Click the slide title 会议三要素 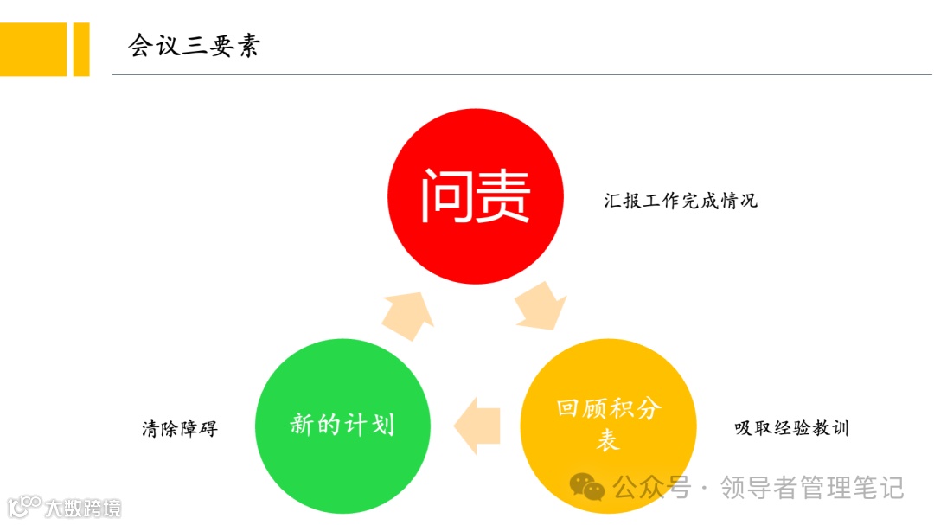[194, 45]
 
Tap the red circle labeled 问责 [475, 195]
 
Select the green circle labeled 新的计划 [342, 425]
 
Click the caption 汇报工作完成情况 [681, 201]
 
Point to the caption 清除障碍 [180, 428]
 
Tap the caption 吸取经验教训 [791, 427]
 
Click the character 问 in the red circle [446, 195]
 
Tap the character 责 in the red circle [502, 195]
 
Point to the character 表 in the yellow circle [608, 440]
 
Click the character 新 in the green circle [301, 425]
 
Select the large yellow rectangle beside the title [33, 49]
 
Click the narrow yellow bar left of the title [81, 49]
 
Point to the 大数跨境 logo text [83, 507]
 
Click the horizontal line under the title [519, 75]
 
